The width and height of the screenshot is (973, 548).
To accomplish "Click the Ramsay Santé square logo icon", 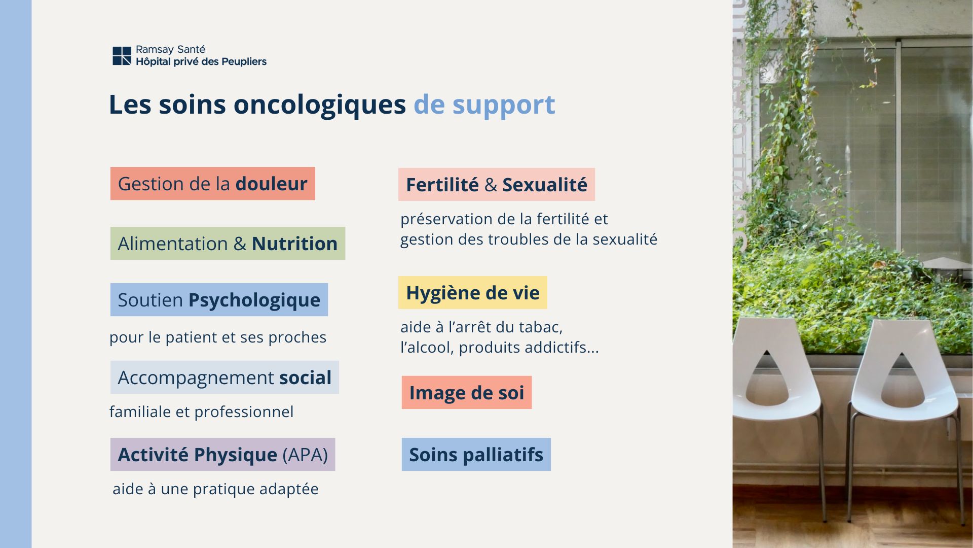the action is click(122, 56).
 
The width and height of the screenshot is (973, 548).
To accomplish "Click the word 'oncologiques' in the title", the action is click(319, 106).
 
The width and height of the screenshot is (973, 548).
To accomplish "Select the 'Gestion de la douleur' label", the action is click(213, 183).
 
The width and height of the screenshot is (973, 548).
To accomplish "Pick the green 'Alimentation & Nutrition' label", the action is click(228, 243).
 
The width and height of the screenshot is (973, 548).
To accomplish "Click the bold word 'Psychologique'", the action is click(254, 300).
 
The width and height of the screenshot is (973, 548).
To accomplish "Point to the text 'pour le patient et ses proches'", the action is click(218, 337).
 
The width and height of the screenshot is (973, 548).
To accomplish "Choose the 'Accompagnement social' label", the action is click(224, 377).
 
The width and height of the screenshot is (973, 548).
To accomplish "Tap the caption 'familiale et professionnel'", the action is click(201, 412).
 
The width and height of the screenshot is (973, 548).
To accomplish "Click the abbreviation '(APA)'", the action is click(305, 455).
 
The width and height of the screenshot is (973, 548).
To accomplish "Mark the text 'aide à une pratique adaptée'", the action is click(215, 489).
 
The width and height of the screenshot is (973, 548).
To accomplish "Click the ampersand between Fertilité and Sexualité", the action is click(491, 185).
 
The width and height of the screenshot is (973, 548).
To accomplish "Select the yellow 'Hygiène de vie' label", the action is click(473, 292).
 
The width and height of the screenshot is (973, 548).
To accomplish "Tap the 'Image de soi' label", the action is click(467, 392).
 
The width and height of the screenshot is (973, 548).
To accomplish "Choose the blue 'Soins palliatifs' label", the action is click(476, 454).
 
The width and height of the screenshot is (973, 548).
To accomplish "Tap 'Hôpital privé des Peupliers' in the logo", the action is click(201, 61).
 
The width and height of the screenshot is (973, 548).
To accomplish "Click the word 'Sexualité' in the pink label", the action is click(545, 185).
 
